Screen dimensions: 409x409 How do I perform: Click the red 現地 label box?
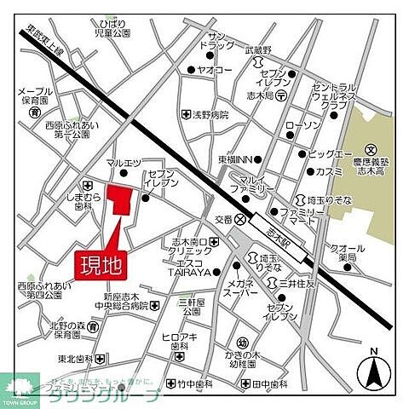click(101, 264)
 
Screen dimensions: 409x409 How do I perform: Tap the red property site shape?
click(123, 203)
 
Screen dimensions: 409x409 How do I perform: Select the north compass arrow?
click(372, 367)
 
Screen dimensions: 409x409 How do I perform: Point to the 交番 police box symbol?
click(240, 219)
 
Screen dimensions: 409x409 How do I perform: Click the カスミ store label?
click(328, 171)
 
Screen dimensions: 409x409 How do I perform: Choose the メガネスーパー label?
click(241, 286)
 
